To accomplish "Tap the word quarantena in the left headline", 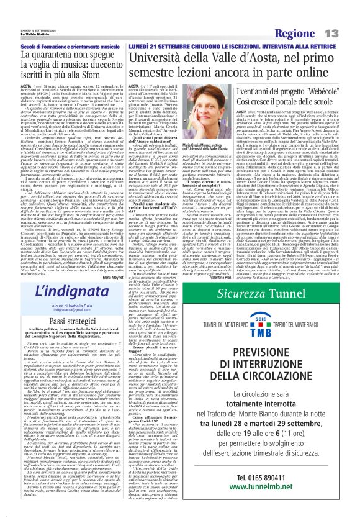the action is point(61,55).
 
